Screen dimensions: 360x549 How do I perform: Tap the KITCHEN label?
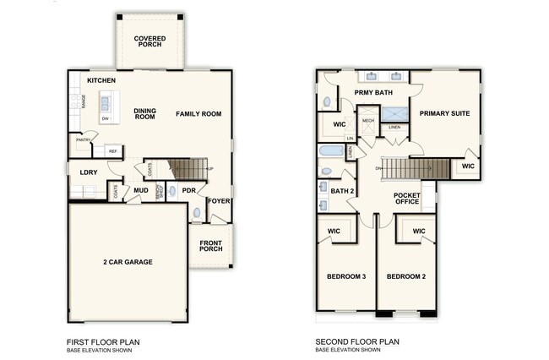101,80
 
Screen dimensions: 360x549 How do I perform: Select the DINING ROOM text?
145,113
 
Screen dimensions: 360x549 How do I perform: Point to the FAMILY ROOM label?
198,113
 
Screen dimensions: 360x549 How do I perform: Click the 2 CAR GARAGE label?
128,263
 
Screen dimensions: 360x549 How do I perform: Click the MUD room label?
141,191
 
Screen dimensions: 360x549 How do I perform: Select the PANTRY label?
84,139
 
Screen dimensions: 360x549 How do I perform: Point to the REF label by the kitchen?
111,151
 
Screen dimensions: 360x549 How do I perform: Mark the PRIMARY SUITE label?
445,113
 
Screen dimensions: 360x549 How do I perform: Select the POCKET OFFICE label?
406,199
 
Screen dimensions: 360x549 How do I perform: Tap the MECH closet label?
367,121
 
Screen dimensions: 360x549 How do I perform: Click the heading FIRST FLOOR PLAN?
103,342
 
